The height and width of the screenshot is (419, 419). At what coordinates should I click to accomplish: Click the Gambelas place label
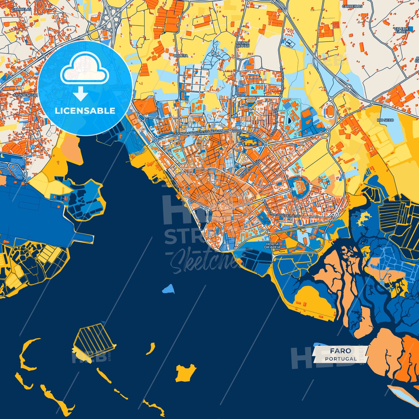(x=21, y=9)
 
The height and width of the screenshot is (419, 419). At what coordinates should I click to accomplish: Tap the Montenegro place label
(x=26, y=95)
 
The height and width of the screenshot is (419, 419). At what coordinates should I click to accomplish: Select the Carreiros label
(x=352, y=6)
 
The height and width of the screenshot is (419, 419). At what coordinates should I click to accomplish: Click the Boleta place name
(x=181, y=56)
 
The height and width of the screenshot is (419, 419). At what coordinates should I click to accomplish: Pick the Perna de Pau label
(x=243, y=44)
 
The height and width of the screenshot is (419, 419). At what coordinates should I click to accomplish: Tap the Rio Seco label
(x=385, y=120)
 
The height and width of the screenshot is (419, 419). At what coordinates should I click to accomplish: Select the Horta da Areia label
(x=272, y=246)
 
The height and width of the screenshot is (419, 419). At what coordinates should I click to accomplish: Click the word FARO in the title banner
(x=340, y=351)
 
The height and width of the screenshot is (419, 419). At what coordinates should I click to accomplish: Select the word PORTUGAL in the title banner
(x=341, y=359)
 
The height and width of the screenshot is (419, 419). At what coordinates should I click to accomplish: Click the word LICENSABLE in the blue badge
(x=85, y=111)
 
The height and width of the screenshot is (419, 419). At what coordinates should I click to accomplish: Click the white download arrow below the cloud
(x=81, y=94)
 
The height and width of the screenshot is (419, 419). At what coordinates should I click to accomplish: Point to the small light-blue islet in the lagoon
(x=169, y=289)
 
